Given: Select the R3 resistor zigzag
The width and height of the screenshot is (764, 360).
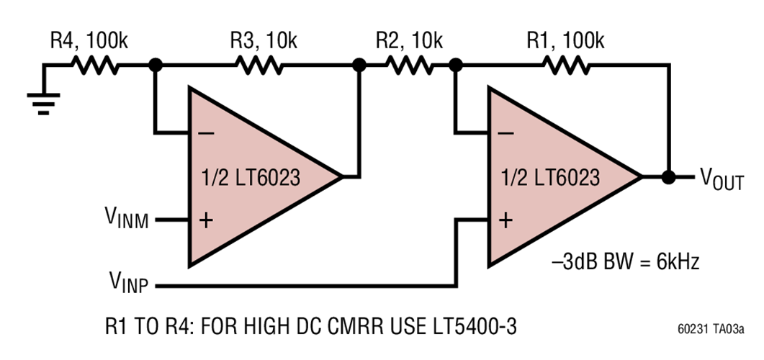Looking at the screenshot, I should (x=258, y=66).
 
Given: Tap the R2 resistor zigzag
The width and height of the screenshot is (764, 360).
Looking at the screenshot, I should (x=408, y=66).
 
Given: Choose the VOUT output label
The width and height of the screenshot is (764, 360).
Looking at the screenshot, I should (x=722, y=179).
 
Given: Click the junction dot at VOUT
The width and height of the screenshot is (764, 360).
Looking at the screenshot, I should (x=669, y=177).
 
